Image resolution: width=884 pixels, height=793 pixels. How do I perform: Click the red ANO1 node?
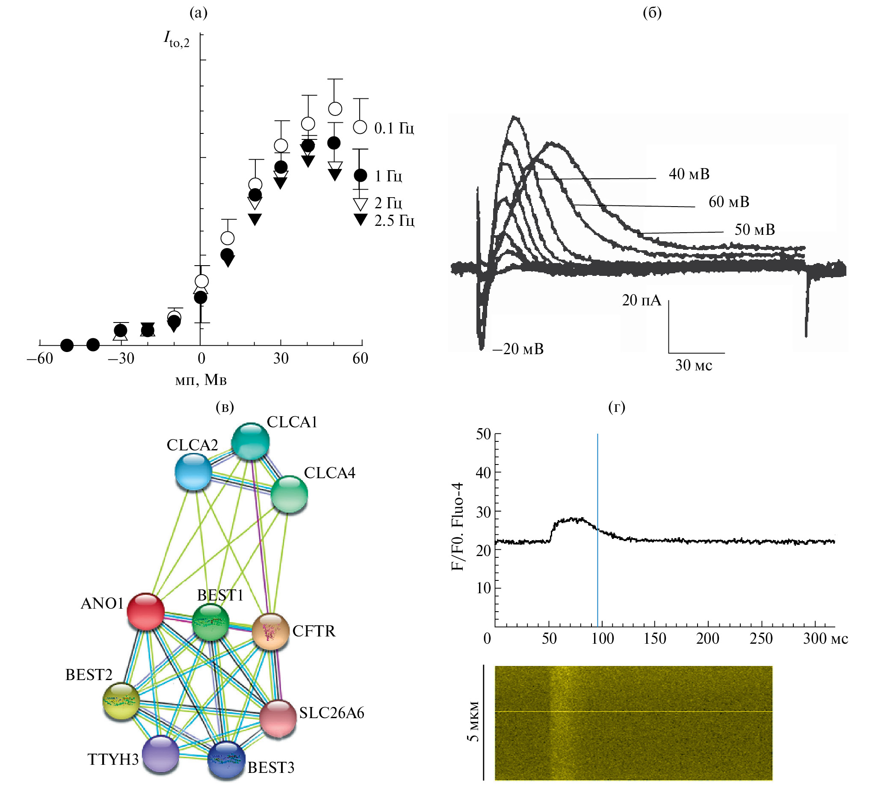pos(145,611)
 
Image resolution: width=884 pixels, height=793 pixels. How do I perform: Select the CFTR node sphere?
pos(271,631)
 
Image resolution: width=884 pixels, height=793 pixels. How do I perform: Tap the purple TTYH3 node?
pos(161,754)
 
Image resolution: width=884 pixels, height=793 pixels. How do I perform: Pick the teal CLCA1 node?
pos(250,441)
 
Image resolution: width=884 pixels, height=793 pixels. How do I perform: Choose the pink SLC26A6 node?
pos(278,719)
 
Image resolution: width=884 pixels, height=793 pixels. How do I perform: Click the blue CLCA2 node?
pos(193,471)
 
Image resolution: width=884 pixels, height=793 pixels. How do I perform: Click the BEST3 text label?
pos(271,767)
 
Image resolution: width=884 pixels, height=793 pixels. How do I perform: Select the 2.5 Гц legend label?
pos(394,220)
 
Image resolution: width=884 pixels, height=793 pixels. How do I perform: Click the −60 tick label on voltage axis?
pos(40,358)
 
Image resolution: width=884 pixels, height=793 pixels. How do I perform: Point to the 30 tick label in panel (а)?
pos(281,358)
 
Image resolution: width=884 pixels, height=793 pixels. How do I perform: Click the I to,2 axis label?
pos(177,40)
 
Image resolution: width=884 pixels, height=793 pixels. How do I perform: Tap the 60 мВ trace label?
pos(728,202)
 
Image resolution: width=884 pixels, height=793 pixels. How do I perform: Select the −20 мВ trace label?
pos(518,349)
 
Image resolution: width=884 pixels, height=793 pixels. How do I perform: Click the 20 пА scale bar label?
pos(642,300)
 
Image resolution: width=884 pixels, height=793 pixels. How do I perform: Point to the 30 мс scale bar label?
pos(694,365)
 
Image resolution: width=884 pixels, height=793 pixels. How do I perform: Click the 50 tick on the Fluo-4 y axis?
pos(484,434)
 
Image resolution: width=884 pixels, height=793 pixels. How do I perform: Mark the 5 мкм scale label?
pos(473,721)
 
